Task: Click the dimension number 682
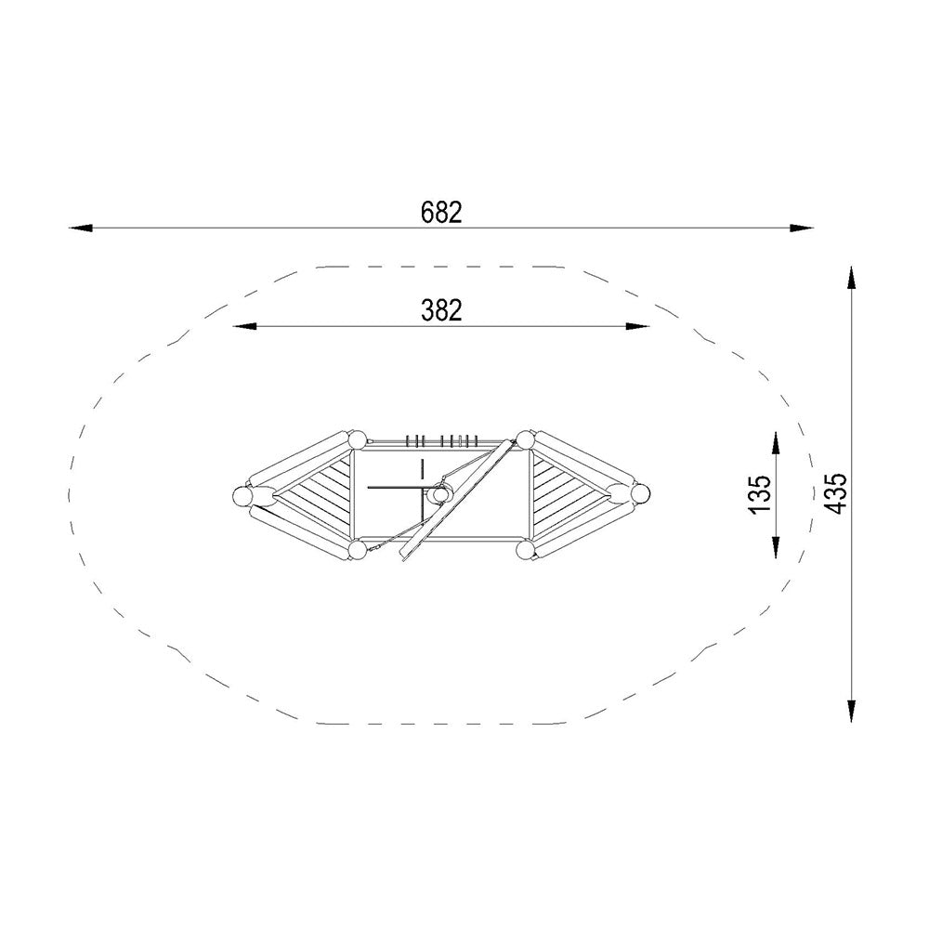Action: pyautogui.click(x=441, y=213)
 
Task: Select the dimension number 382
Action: pyautogui.click(x=441, y=310)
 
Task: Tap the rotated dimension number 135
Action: pyautogui.click(x=760, y=495)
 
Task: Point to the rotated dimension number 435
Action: pyautogui.click(x=835, y=494)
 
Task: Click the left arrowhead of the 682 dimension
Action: pyautogui.click(x=81, y=229)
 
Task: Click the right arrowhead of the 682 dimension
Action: pyautogui.click(x=802, y=229)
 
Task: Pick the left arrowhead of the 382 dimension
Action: pyautogui.click(x=244, y=326)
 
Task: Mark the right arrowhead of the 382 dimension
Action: pyautogui.click(x=638, y=326)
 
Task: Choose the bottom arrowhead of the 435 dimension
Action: pyautogui.click(x=851, y=712)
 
